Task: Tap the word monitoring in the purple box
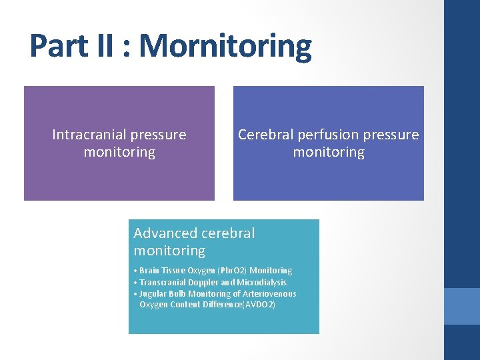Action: pyautogui.click(x=119, y=152)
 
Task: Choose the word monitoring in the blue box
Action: pyautogui.click(x=329, y=152)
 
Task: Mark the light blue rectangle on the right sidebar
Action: pyautogui.click(x=462, y=306)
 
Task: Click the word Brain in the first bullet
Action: pyautogui.click(x=150, y=271)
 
